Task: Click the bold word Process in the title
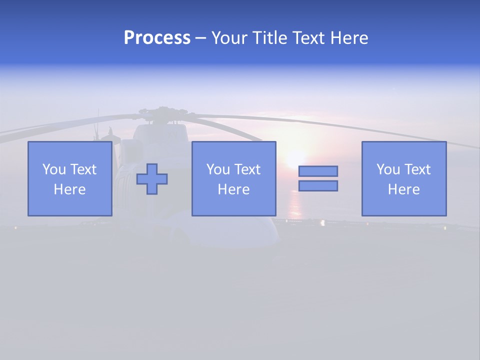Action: pyautogui.click(x=157, y=38)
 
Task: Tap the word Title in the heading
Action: pyautogui.click(x=270, y=38)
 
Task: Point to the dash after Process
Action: pyautogui.click(x=200, y=38)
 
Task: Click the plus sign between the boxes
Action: pyautogui.click(x=152, y=179)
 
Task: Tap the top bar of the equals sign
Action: pyautogui.click(x=318, y=171)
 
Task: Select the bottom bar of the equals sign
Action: pyautogui.click(x=318, y=186)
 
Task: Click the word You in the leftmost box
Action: pyautogui.click(x=54, y=169)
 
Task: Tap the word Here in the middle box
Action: pyautogui.click(x=233, y=189)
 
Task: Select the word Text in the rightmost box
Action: pyautogui.click(x=417, y=169)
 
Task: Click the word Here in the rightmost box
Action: pyautogui.click(x=403, y=189)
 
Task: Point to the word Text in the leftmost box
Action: pyautogui.click(x=83, y=169)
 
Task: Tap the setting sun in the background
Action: pyautogui.click(x=296, y=159)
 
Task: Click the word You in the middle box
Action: pyautogui.click(x=218, y=169)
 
